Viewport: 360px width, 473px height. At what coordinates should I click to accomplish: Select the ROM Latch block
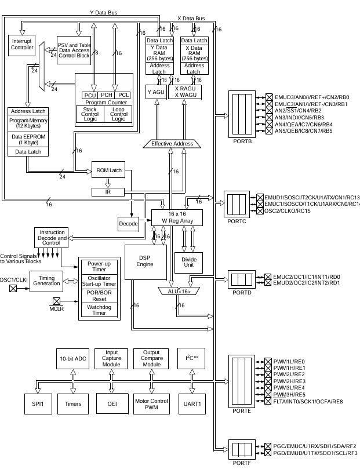pos(108,170)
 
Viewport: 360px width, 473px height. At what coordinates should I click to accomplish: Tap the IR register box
pos(108,191)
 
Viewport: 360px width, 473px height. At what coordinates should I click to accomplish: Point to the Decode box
pos(128,223)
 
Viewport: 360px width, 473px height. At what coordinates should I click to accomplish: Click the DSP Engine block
pos(146,261)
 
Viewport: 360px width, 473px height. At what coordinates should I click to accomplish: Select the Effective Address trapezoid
pos(172,143)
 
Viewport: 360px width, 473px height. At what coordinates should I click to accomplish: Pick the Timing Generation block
pos(46,281)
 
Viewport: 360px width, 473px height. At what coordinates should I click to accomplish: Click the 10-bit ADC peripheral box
pos(72,359)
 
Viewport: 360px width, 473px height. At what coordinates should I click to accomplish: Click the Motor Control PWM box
pos(151,403)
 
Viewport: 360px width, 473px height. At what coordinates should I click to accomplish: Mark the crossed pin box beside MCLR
pos(57,301)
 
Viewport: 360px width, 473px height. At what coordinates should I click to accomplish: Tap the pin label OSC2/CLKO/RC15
pos(294,210)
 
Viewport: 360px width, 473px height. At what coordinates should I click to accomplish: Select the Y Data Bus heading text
pos(104,12)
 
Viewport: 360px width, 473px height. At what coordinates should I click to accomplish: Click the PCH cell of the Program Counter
pos(107,95)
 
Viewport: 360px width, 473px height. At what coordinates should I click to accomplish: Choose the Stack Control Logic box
pos(90,114)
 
